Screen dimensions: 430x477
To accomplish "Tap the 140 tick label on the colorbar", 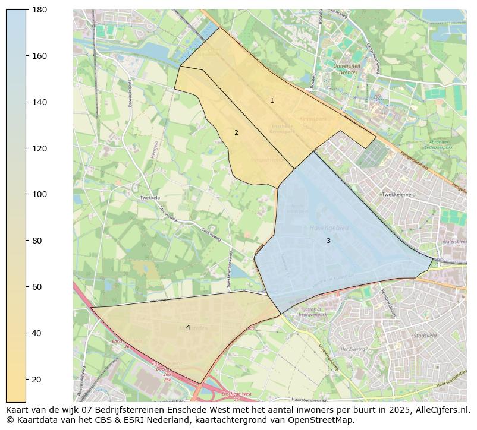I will tap(39, 102).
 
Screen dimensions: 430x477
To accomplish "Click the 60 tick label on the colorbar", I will tap(37, 287).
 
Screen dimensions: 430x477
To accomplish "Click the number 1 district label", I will tap(272, 101).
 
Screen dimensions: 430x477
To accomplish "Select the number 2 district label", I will tap(236, 133).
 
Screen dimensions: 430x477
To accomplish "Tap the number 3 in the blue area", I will tap(328, 241).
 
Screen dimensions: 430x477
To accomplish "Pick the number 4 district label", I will tap(188, 328).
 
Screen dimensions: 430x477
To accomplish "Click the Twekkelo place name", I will tap(150, 198).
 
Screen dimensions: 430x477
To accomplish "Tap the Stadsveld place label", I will tap(425, 336).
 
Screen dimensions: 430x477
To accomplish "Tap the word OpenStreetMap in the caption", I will tap(321, 420).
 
